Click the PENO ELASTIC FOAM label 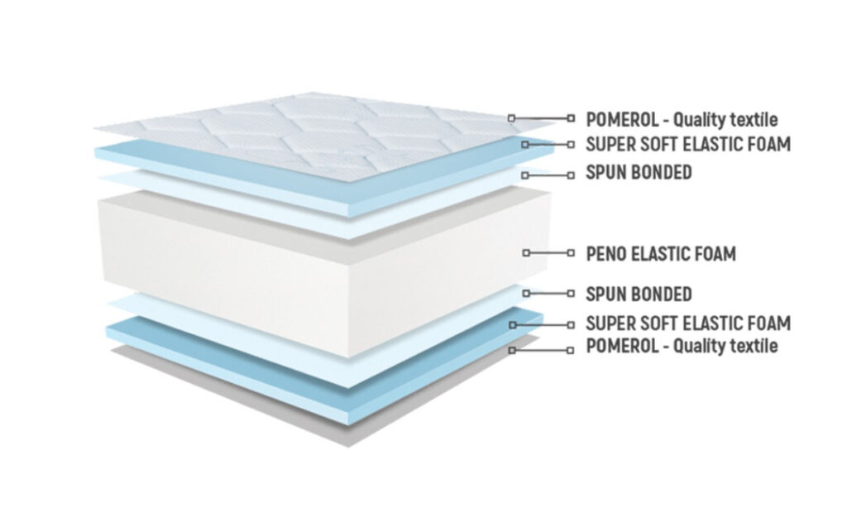[661, 253]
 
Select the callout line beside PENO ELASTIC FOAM [548, 252]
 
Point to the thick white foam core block [324, 271]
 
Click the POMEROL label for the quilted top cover [682, 119]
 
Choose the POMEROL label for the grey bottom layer [682, 345]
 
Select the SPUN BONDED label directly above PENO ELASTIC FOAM [639, 172]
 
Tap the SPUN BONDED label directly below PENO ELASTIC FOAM [639, 294]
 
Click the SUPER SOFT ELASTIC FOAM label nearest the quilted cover [688, 144]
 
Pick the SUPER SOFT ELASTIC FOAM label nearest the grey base [688, 323]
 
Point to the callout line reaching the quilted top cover [541, 117]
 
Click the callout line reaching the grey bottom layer [541, 350]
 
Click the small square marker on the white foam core [526, 252]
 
